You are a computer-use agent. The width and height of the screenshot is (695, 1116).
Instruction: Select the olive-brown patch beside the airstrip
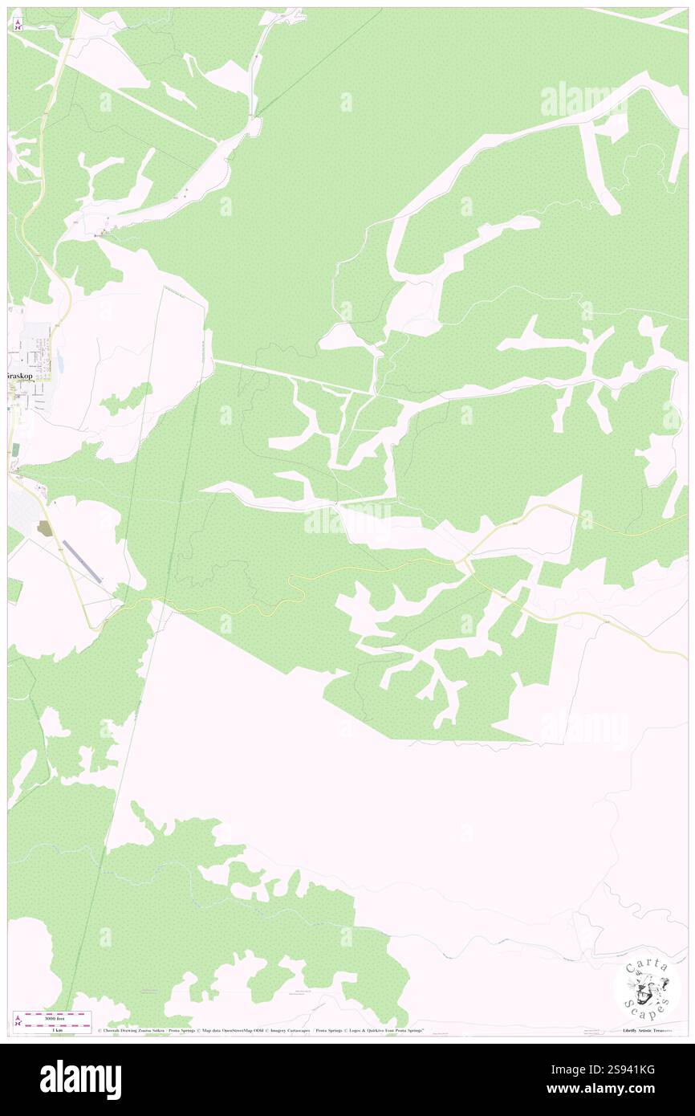44,528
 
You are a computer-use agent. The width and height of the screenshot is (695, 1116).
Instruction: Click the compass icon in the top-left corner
18,24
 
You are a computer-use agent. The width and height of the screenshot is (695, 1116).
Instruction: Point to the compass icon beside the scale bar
18,1020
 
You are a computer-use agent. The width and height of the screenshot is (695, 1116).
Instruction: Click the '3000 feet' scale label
57,1015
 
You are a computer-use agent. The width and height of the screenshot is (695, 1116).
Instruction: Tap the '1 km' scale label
57,1028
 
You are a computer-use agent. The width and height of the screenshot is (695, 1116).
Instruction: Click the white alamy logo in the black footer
80,1079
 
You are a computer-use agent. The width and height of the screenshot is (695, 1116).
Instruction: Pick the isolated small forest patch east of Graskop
127,397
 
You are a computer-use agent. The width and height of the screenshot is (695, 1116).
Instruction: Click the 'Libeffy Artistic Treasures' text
648,1030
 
